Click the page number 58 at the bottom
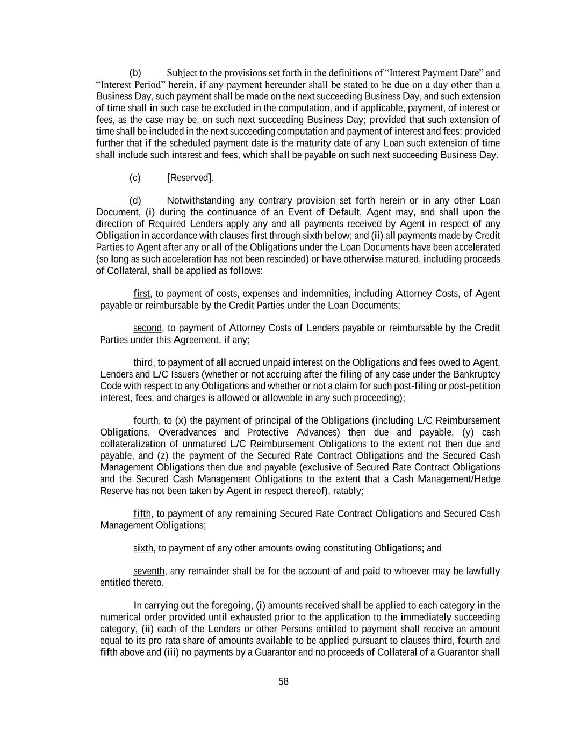(x=283, y=681)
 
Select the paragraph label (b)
(x=135, y=73)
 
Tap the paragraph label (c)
(x=135, y=178)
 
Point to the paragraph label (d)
(x=135, y=201)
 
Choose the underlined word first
(x=142, y=294)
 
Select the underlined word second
(x=147, y=328)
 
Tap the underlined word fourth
(x=146, y=420)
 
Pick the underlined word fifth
(x=142, y=514)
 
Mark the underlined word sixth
(x=143, y=548)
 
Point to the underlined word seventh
(x=149, y=571)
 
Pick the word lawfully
(x=483, y=571)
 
